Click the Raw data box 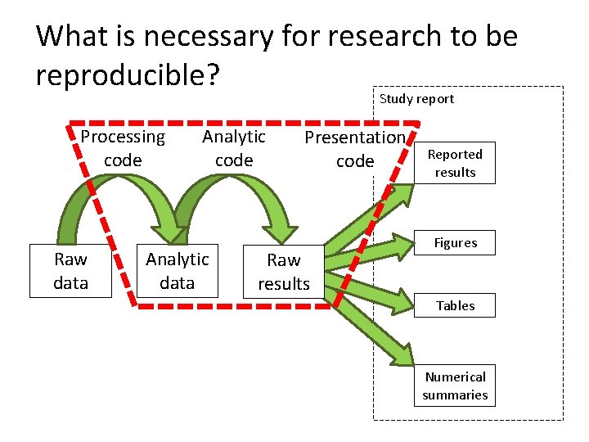(x=70, y=271)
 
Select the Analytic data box (x=178, y=270)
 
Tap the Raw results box (x=284, y=272)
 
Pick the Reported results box (x=455, y=164)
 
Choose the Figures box (x=455, y=243)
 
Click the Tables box (x=455, y=305)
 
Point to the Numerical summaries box (x=455, y=386)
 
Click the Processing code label (x=123, y=148)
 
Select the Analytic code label (x=234, y=148)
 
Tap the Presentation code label (x=355, y=149)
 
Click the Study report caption (x=416, y=99)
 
